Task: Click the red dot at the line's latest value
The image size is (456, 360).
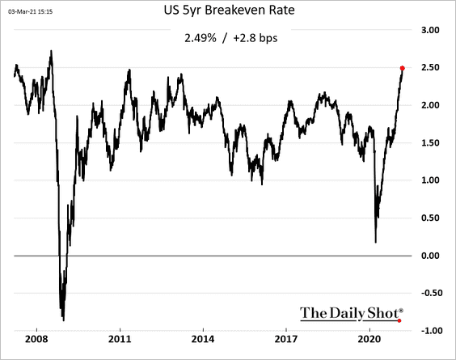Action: tap(403, 68)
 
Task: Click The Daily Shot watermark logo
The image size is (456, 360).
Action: tap(352, 312)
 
